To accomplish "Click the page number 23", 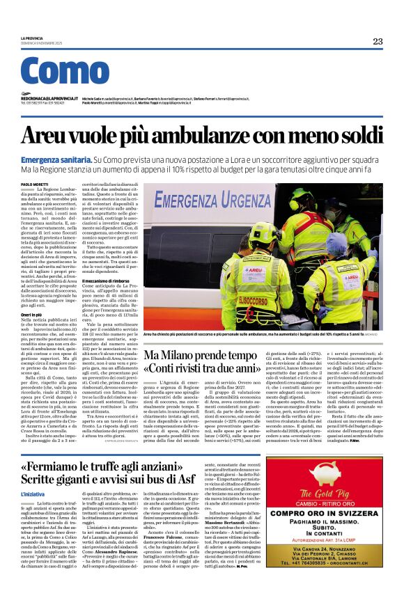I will [x=378, y=41].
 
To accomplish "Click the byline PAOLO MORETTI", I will [x=36, y=183].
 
